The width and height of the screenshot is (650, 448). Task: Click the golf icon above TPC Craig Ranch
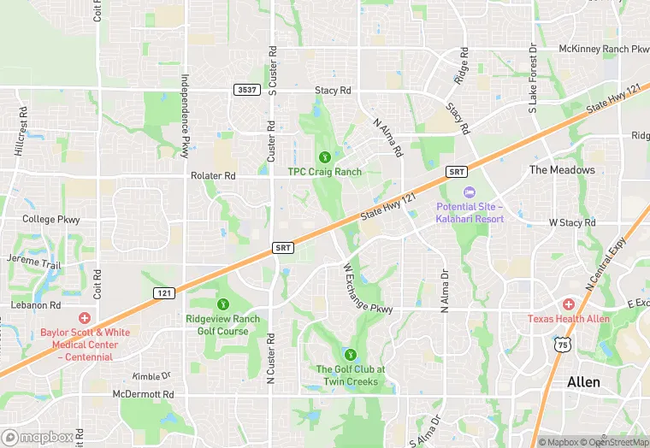[324, 157]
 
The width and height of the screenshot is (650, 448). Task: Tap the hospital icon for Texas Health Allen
[569, 304]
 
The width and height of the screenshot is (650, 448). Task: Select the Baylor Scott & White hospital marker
[84, 318]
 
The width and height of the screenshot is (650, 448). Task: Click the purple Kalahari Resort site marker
[468, 192]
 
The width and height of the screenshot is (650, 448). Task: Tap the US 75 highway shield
[561, 344]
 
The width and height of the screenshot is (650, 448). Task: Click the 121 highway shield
[165, 292]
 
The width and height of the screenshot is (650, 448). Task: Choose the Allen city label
[583, 382]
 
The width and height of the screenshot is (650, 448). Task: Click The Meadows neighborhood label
[562, 169]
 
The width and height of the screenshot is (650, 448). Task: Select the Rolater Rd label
[213, 175]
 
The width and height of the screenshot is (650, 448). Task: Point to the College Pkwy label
[51, 220]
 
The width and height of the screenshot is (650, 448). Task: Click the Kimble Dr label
[151, 375]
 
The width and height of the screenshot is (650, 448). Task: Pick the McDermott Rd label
[144, 394]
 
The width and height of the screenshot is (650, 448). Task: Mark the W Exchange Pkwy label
[367, 290]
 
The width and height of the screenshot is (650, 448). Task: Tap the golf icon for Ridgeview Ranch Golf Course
[223, 304]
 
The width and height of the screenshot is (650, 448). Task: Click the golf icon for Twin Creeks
[349, 355]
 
